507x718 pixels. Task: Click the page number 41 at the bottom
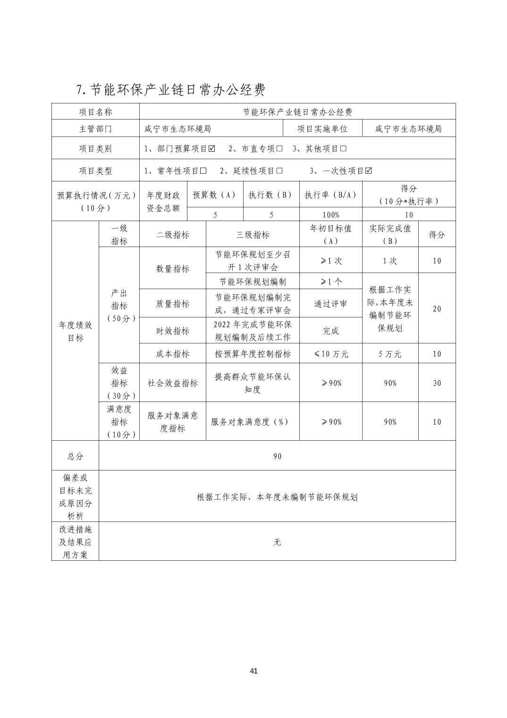(253, 671)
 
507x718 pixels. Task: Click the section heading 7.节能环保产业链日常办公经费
(170, 89)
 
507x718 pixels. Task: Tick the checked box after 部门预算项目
(211, 149)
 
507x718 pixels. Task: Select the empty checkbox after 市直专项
(279, 149)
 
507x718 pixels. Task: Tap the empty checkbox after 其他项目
(343, 149)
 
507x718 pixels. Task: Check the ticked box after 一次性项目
(368, 171)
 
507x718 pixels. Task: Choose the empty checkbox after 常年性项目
(203, 171)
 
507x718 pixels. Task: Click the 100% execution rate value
(330, 215)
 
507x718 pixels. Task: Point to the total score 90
(277, 456)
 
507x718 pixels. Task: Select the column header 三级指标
(253, 235)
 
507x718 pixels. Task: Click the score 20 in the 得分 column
(437, 309)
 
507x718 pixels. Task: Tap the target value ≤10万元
(330, 354)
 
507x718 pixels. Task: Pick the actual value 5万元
(390, 354)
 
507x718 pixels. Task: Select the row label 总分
(75, 456)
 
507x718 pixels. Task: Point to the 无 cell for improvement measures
(277, 542)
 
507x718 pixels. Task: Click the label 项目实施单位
(322, 129)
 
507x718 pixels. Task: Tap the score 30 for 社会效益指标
(437, 383)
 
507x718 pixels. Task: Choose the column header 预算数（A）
(215, 195)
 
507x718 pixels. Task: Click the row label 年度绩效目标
(75, 332)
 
